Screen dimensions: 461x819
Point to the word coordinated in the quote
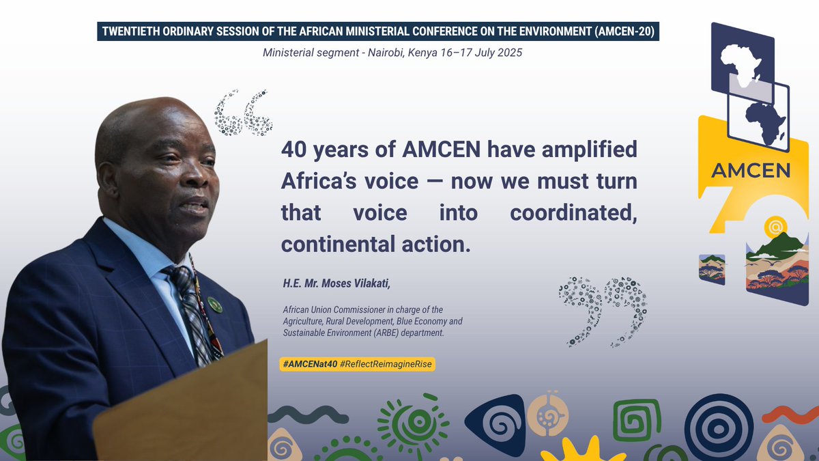(573, 212)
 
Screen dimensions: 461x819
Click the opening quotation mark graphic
(243, 113)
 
